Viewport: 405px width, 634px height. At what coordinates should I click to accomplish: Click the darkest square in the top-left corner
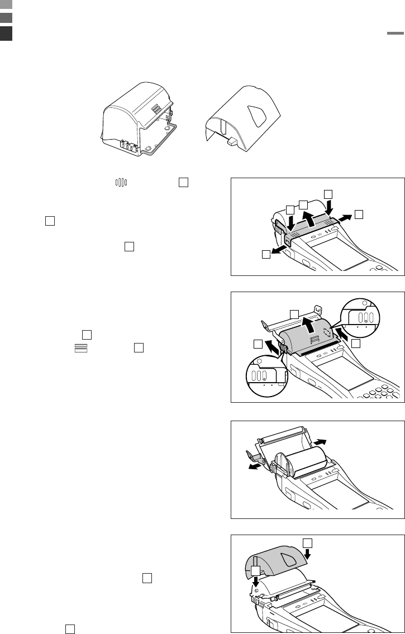pos(6,34)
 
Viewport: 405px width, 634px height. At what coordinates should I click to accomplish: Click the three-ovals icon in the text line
pos(122,182)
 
